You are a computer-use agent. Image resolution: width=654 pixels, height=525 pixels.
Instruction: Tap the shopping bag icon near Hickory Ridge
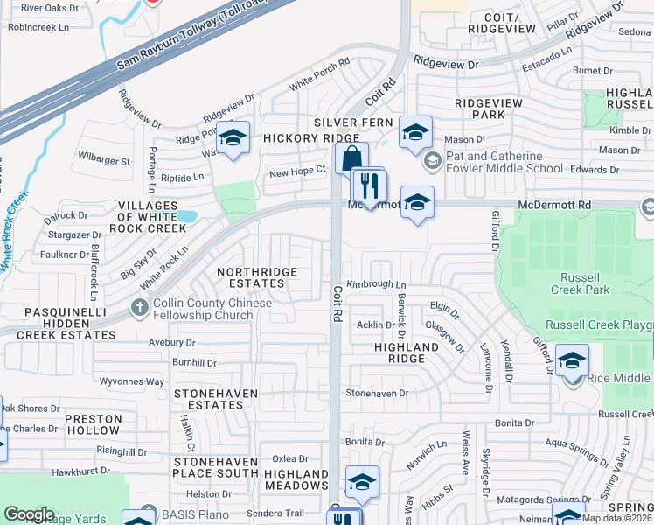pos(350,159)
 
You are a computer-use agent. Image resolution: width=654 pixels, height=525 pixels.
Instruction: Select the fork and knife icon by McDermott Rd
pos(369,185)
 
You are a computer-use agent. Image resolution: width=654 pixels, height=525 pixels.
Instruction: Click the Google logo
pos(29,514)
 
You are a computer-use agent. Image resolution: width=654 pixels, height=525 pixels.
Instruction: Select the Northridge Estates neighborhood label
pos(256,277)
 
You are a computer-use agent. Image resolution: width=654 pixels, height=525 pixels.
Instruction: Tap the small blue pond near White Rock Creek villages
pos(186,215)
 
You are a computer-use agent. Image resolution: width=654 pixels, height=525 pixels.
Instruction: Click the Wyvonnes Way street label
pos(131,381)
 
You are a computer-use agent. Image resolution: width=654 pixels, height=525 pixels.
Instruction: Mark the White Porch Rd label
pos(320,73)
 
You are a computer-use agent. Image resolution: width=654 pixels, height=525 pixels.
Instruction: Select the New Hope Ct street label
pos(297,172)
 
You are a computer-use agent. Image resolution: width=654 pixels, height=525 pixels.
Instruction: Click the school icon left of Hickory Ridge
pos(233,139)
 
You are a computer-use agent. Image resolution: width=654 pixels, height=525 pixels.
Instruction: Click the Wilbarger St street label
pos(104,161)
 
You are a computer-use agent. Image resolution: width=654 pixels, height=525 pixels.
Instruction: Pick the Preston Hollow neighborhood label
pos(92,424)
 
